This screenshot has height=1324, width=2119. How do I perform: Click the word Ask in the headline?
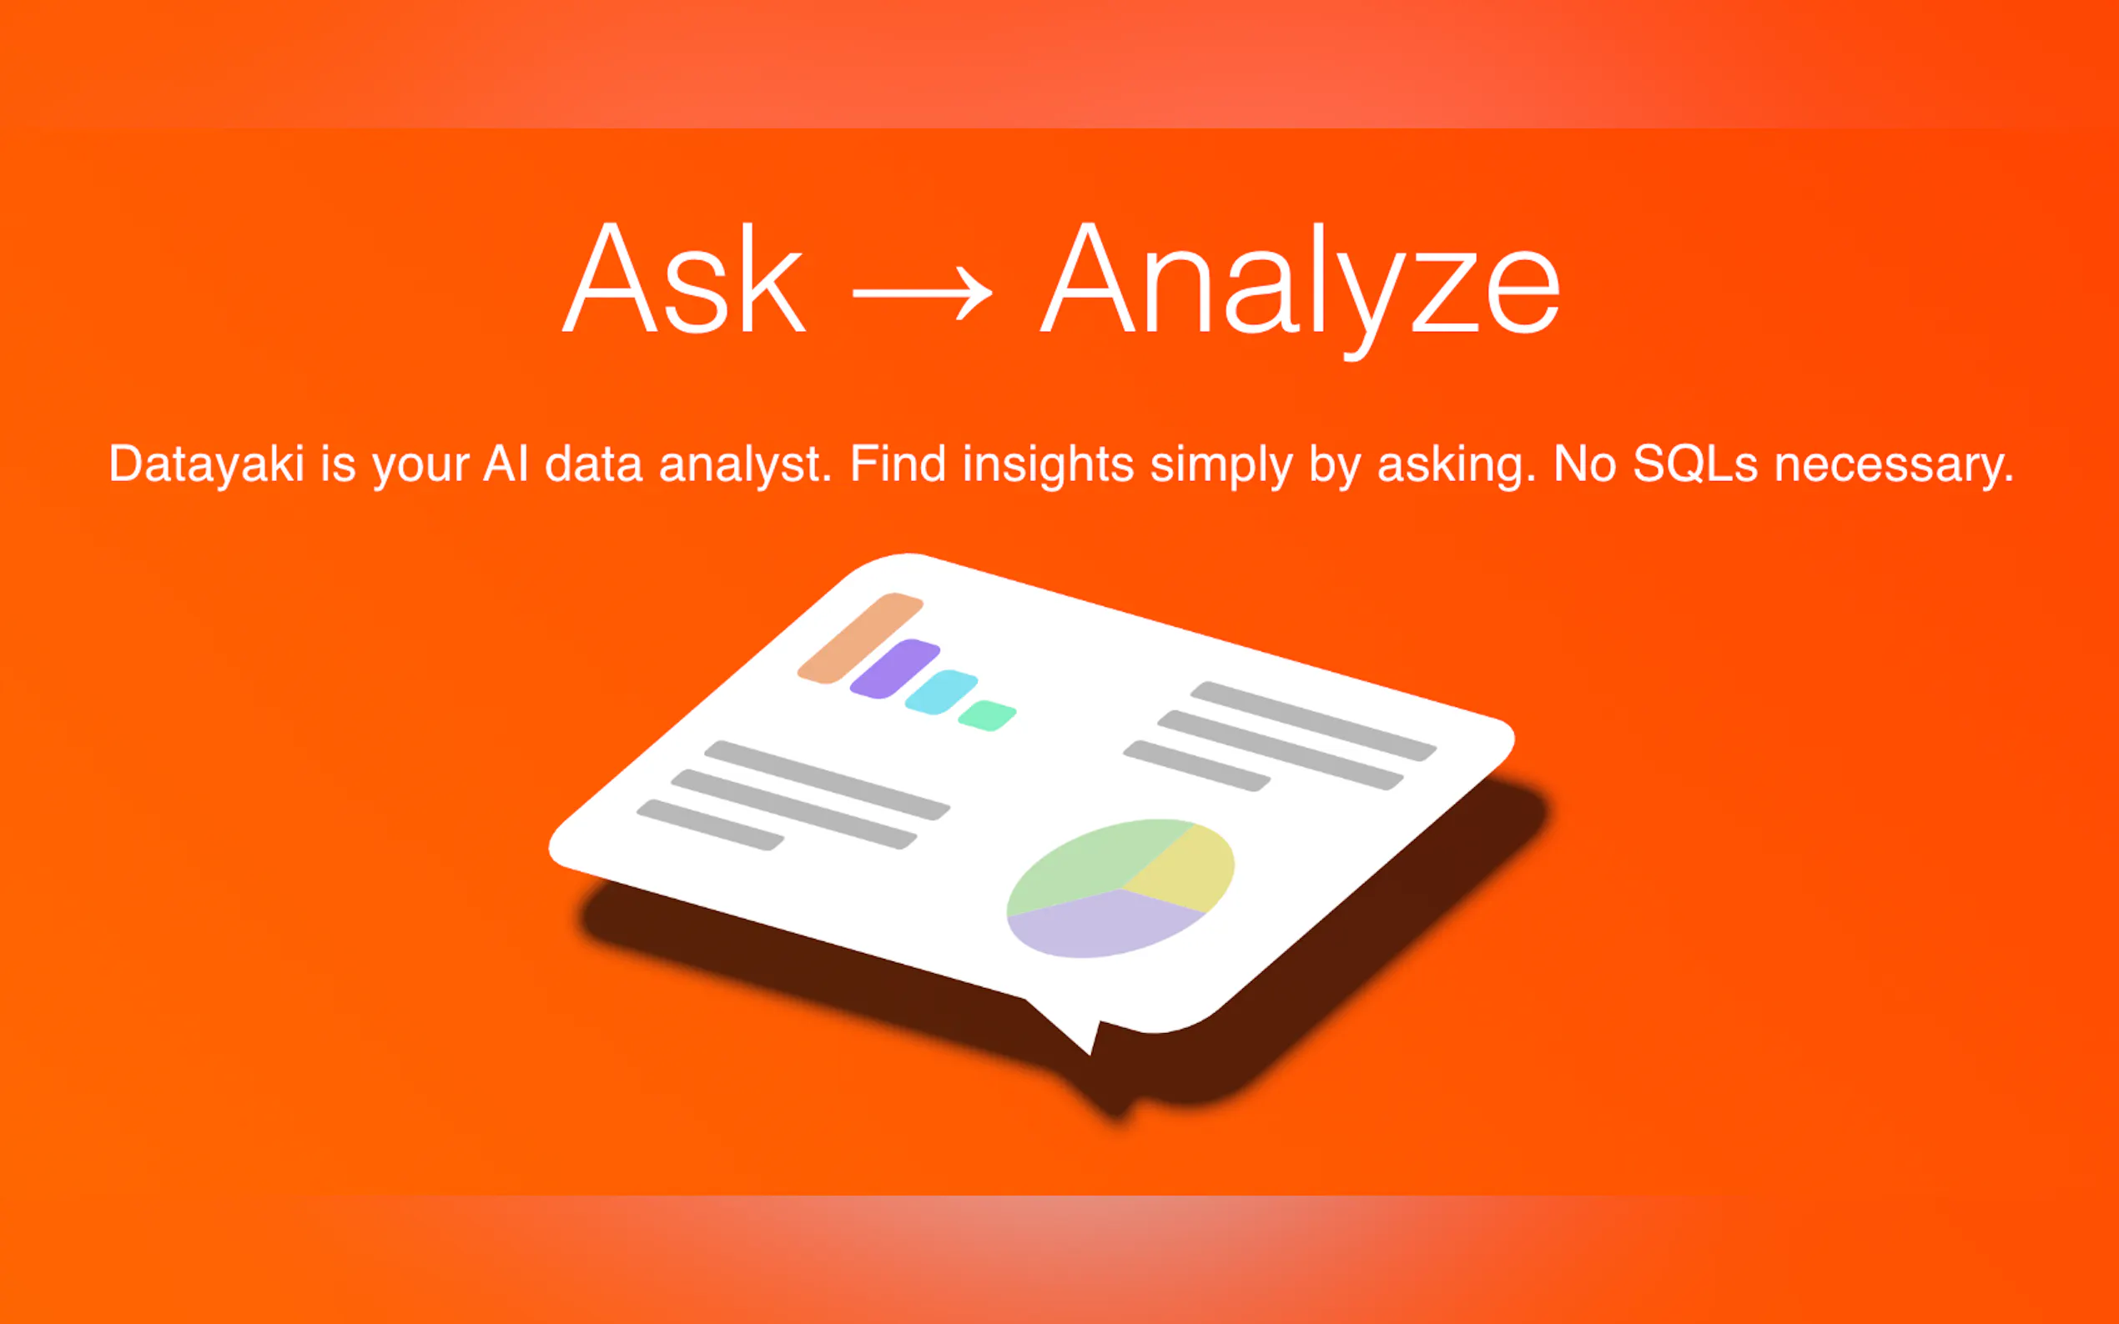683,278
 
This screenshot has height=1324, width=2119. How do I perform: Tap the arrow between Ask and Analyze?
923,293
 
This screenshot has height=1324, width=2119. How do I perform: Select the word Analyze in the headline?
1300,289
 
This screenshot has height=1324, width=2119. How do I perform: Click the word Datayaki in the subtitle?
206,465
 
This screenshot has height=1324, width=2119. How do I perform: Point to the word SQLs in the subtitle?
1695,464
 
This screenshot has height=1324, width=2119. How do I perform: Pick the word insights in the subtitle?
1049,465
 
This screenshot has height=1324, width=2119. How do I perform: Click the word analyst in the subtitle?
745,464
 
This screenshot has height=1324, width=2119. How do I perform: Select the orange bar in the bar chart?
860,639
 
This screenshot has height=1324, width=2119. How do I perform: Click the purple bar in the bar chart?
895,669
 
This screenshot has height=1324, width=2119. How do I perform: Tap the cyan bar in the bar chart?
941,692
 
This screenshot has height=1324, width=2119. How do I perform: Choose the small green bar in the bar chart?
986,715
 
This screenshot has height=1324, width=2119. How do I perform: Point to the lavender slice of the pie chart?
1100,924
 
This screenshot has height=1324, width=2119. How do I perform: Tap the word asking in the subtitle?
1456,465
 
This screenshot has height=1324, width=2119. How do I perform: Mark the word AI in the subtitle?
506,464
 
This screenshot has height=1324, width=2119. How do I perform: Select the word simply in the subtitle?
1221,465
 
